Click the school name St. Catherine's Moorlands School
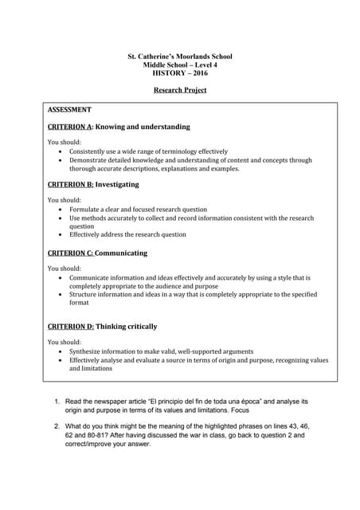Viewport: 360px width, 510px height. point(180,57)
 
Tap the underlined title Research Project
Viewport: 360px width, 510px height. point(180,90)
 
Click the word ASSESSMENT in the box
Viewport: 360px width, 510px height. point(69,109)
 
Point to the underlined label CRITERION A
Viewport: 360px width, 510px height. point(70,127)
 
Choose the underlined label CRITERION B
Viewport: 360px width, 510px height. point(70,184)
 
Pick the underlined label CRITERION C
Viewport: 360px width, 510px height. point(70,253)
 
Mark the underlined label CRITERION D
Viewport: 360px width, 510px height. point(70,326)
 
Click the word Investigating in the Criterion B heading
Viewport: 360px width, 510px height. point(117,184)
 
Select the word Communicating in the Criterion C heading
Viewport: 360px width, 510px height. point(121,253)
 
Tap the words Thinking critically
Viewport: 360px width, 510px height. point(127,326)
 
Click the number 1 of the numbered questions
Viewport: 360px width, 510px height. point(57,402)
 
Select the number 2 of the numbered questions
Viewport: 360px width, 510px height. point(57,426)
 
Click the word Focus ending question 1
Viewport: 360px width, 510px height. point(241,410)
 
